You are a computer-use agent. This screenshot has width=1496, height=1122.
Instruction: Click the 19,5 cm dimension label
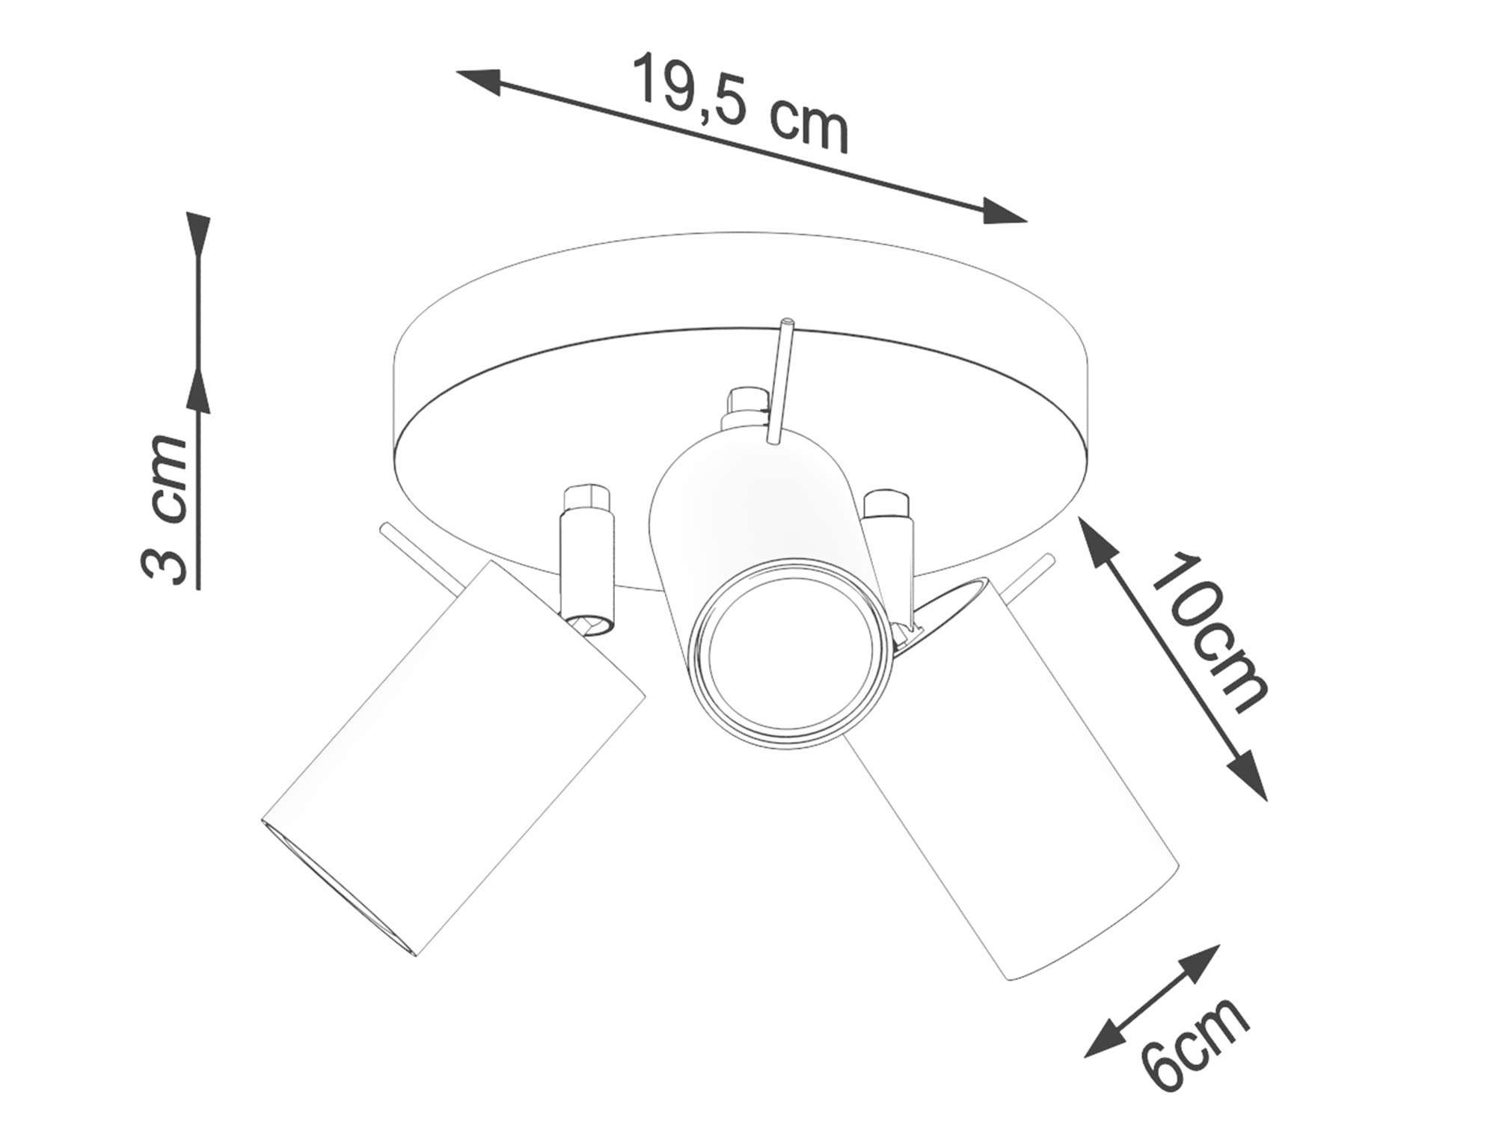pyautogui.click(x=741, y=105)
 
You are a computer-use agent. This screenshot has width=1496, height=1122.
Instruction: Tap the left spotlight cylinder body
pyautogui.click(x=449, y=755)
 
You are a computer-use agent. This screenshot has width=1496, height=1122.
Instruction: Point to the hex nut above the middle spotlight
pyautogui.click(x=748, y=404)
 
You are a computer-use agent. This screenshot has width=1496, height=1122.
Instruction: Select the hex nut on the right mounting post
pyautogui.click(x=886, y=503)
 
